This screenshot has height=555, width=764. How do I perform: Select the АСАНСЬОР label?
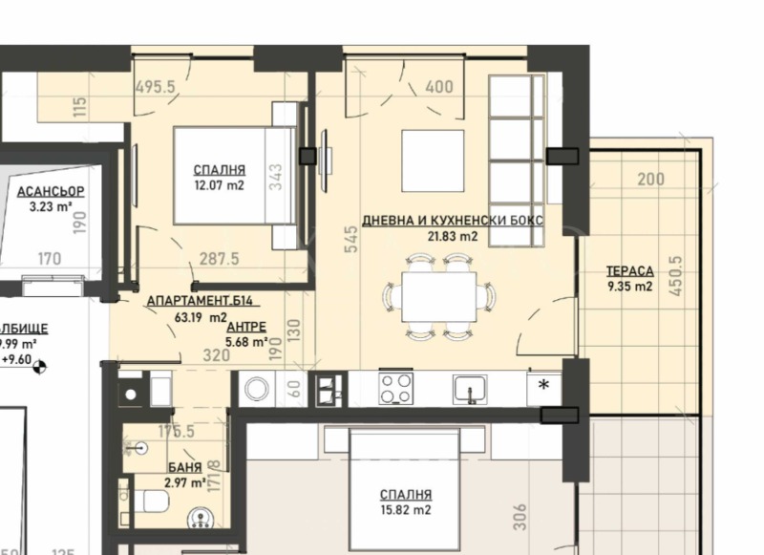point(51,191)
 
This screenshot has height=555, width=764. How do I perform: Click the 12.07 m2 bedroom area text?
point(219,185)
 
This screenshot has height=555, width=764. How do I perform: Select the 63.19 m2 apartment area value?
point(201,317)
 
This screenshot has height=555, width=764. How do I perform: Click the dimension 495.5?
point(157,87)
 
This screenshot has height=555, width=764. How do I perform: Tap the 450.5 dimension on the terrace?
point(677,276)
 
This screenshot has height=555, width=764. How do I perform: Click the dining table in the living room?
point(438,296)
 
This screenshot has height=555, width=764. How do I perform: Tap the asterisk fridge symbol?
point(543,387)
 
